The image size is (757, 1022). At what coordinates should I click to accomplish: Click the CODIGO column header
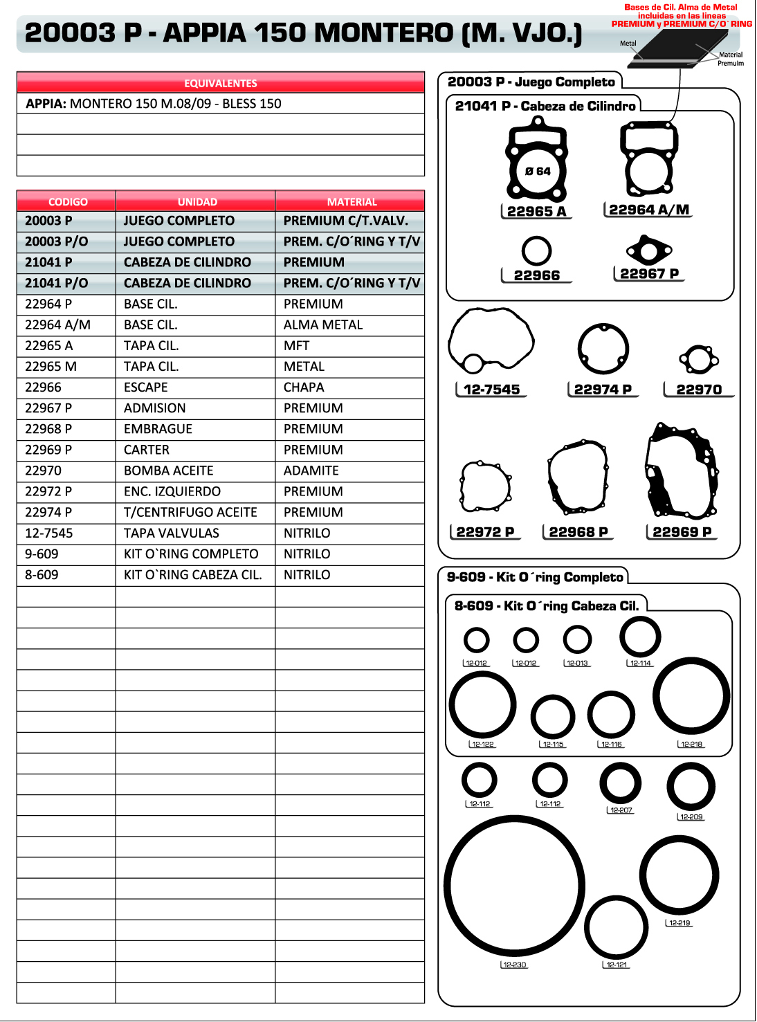click(68, 202)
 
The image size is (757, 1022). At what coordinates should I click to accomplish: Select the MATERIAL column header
click(352, 202)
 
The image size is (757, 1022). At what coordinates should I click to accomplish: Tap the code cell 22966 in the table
click(43, 387)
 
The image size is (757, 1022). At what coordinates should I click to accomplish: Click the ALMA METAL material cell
click(322, 325)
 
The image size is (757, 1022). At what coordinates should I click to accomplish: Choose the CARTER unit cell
click(146, 450)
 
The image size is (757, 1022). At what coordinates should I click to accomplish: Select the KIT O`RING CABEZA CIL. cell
click(192, 575)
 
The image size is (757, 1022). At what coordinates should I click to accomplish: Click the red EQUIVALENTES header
click(220, 83)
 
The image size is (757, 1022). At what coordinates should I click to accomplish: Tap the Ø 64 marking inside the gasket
click(538, 171)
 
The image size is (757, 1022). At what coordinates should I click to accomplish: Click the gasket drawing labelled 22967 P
click(648, 250)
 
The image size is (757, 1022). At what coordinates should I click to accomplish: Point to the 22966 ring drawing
click(537, 251)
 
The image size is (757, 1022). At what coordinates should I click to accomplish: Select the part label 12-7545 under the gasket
click(491, 390)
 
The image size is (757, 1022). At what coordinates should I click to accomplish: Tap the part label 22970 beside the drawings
click(699, 390)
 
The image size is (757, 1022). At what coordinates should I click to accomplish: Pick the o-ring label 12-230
click(514, 965)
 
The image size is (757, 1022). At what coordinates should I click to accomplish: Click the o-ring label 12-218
click(691, 745)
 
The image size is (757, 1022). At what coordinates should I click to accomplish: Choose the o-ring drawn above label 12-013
click(577, 640)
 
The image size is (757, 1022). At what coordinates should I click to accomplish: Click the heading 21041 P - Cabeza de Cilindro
click(545, 106)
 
